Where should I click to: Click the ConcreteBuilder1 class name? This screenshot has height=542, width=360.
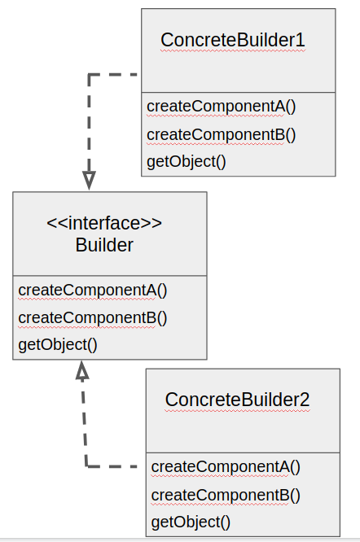click(x=232, y=41)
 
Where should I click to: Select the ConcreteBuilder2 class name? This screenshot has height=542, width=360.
click(x=237, y=400)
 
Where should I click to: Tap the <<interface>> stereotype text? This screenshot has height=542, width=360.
click(x=104, y=223)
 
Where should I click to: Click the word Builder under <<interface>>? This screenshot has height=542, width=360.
click(x=104, y=244)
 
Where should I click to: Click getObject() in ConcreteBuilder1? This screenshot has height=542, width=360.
click(x=186, y=161)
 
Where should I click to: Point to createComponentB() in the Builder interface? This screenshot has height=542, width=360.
click(x=92, y=317)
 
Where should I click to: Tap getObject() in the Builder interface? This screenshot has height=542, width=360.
click(x=57, y=344)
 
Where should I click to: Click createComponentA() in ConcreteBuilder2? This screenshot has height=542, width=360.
click(x=226, y=467)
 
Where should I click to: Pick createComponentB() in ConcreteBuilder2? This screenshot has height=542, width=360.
click(x=226, y=495)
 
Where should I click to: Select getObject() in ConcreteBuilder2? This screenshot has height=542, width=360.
click(x=191, y=522)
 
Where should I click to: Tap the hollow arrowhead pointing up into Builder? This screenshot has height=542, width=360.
click(x=81, y=371)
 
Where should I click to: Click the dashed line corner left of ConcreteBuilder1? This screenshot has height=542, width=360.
click(x=89, y=75)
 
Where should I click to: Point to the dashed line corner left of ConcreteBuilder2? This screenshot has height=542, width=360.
click(x=86, y=466)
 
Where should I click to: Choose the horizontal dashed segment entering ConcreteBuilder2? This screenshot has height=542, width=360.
click(x=118, y=466)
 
